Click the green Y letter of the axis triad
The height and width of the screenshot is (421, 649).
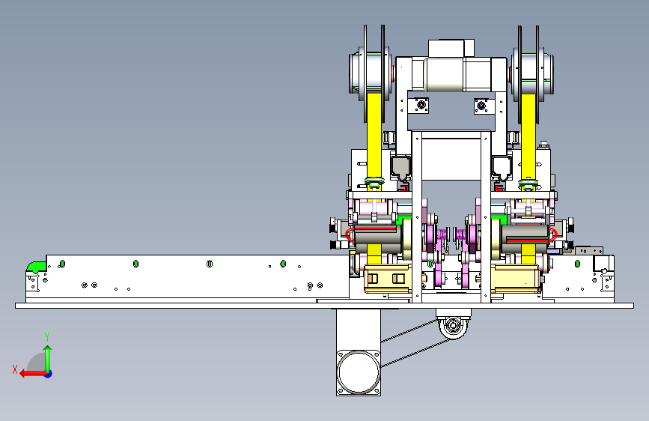[x=47, y=336]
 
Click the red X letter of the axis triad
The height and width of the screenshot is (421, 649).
[x=15, y=369]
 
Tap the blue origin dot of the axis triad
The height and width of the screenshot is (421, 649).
[x=49, y=374]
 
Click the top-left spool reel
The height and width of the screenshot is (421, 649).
[x=371, y=73]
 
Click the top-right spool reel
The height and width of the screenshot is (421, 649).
[x=532, y=73]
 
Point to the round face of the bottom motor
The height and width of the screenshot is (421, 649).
[x=359, y=372]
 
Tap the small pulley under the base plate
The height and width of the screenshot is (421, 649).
[x=453, y=326]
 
